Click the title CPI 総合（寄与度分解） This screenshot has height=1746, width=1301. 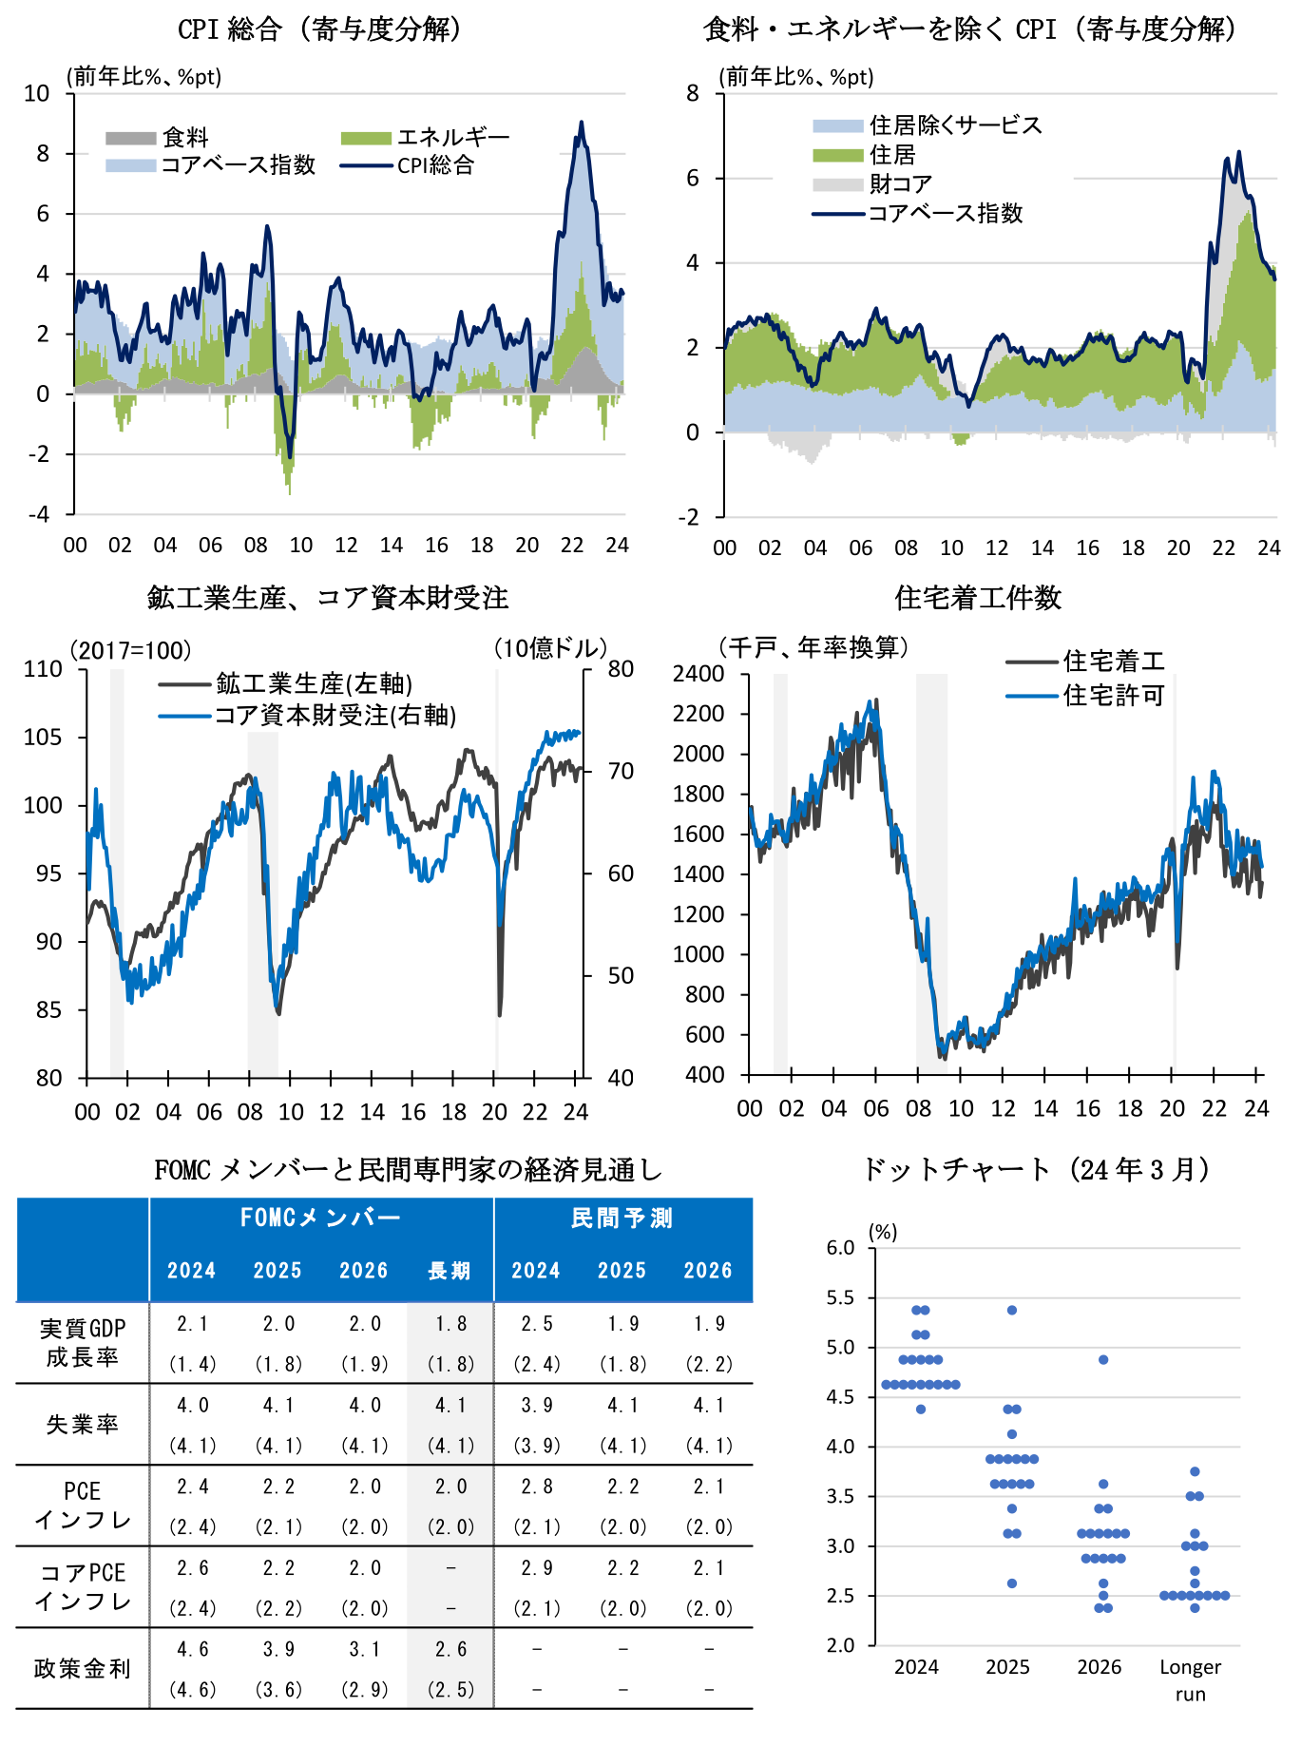tap(320, 29)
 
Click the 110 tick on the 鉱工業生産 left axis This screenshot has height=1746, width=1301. tap(43, 669)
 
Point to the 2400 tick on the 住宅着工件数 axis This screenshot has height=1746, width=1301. tap(698, 674)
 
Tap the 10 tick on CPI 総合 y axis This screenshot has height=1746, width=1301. tap(37, 93)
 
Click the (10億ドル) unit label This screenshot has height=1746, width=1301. tap(549, 648)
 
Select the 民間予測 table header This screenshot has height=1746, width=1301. tap(622, 1218)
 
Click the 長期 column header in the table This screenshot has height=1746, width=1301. tap(450, 1271)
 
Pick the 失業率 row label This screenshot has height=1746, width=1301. tap(83, 1424)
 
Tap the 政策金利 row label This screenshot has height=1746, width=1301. tap(83, 1668)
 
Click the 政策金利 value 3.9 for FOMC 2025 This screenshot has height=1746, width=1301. tap(278, 1649)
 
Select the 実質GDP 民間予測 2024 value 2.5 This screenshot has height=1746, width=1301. tap(536, 1324)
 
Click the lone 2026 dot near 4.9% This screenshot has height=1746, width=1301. tap(1103, 1360)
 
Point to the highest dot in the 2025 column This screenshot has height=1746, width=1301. tap(1012, 1310)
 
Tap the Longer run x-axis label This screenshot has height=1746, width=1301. tap(1191, 1679)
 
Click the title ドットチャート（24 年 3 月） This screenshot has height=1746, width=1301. tap(1036, 1169)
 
